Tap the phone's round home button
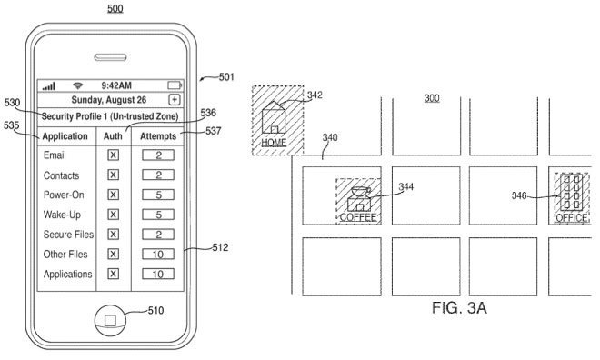coord(109,319)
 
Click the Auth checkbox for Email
coord(114,155)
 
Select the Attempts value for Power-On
coord(157,195)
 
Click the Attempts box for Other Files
coord(157,254)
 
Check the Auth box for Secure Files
coord(114,235)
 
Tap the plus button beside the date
coord(175,99)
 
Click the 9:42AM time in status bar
coord(114,85)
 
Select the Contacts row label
coord(61,175)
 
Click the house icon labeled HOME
coord(274,121)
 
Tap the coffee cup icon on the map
coord(357,198)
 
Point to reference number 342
coord(315,95)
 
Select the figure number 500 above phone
coord(115,8)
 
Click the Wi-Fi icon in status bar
coord(79,85)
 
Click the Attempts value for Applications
coord(157,274)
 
